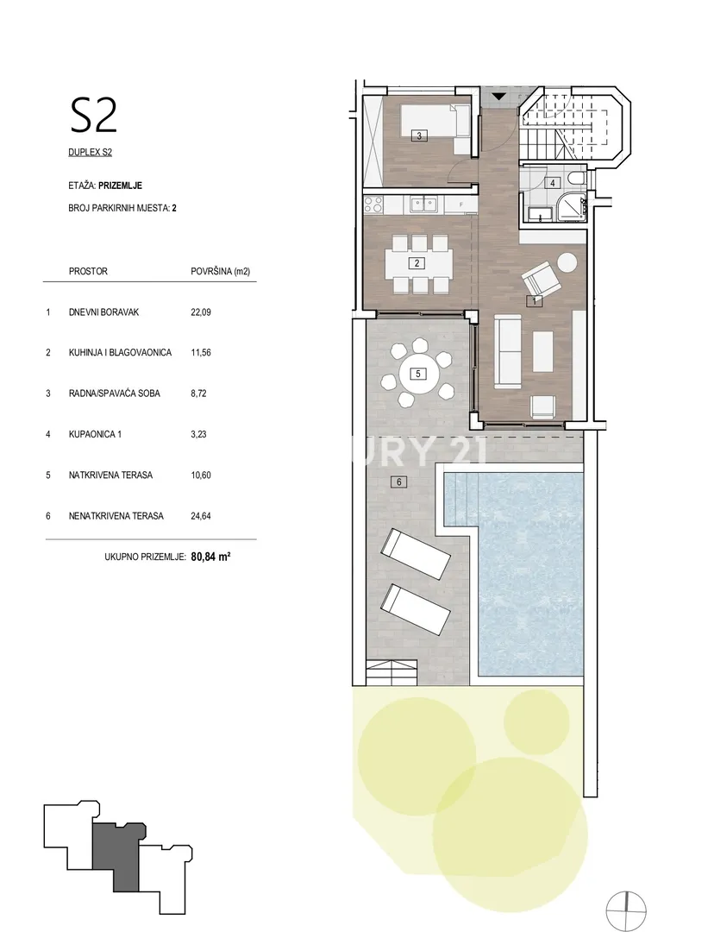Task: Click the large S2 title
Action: (x=94, y=116)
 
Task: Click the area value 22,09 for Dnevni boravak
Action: (x=201, y=312)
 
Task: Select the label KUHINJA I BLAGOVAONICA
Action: (x=120, y=352)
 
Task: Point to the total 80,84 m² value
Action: (x=211, y=557)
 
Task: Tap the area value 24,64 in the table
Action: (x=201, y=516)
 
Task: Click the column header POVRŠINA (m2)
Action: (x=221, y=272)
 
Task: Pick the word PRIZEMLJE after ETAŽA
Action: (x=121, y=186)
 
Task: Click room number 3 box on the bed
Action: (x=419, y=136)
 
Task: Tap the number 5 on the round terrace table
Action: (x=418, y=374)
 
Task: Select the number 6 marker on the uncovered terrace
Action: (x=399, y=482)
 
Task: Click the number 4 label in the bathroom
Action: (x=553, y=183)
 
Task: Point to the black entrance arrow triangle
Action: (x=498, y=97)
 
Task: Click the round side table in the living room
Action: (x=567, y=261)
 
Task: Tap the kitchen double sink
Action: (x=423, y=205)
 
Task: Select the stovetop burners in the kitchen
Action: (x=373, y=205)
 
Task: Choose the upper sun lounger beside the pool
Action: (x=416, y=554)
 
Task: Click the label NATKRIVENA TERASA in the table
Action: (x=110, y=475)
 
